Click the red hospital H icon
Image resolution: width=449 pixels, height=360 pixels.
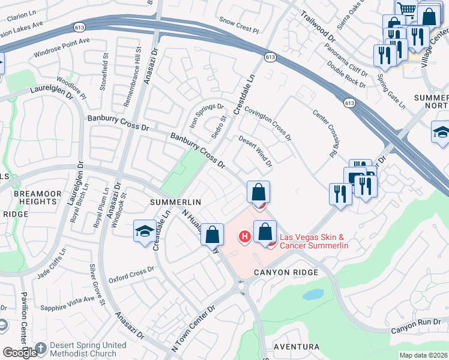coord(244,237)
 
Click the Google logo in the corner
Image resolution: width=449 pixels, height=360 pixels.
coord(20,353)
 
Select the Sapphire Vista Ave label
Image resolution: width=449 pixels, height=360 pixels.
coord(67,304)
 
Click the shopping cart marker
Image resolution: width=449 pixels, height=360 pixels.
coord(407,9)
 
